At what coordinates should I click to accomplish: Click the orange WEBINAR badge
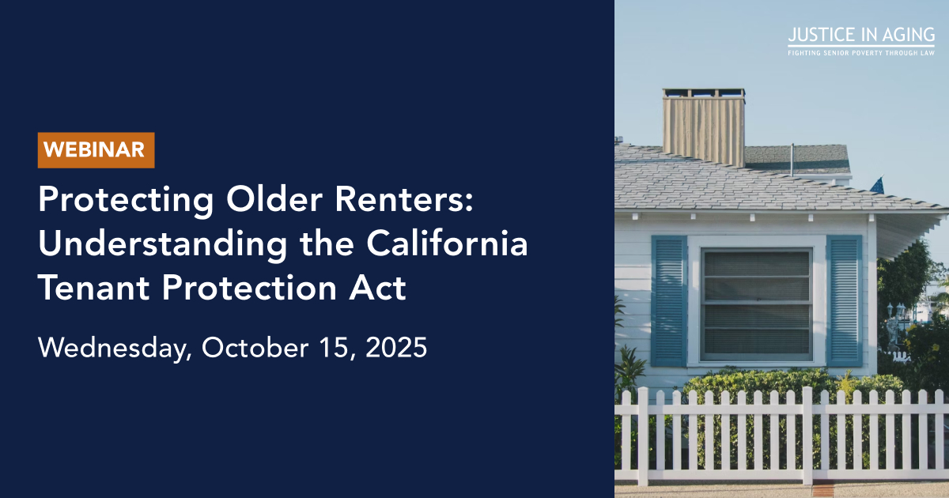96,150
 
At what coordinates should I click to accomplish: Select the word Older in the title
274,198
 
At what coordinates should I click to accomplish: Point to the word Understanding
163,245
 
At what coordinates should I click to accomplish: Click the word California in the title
447,243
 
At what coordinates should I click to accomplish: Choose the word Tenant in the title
93,288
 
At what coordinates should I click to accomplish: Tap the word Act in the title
377,288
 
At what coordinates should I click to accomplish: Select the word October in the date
255,348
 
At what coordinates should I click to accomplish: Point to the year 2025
396,348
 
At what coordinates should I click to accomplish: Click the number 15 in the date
337,349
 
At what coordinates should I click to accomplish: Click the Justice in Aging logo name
861,35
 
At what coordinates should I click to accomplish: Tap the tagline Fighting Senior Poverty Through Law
861,53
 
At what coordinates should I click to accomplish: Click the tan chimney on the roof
704,127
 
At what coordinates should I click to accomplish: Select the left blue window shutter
669,301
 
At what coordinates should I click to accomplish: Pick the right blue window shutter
845,301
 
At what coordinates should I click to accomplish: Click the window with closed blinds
757,304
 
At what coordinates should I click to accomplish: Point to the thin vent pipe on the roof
792,160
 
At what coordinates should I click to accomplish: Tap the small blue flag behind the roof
877,185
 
